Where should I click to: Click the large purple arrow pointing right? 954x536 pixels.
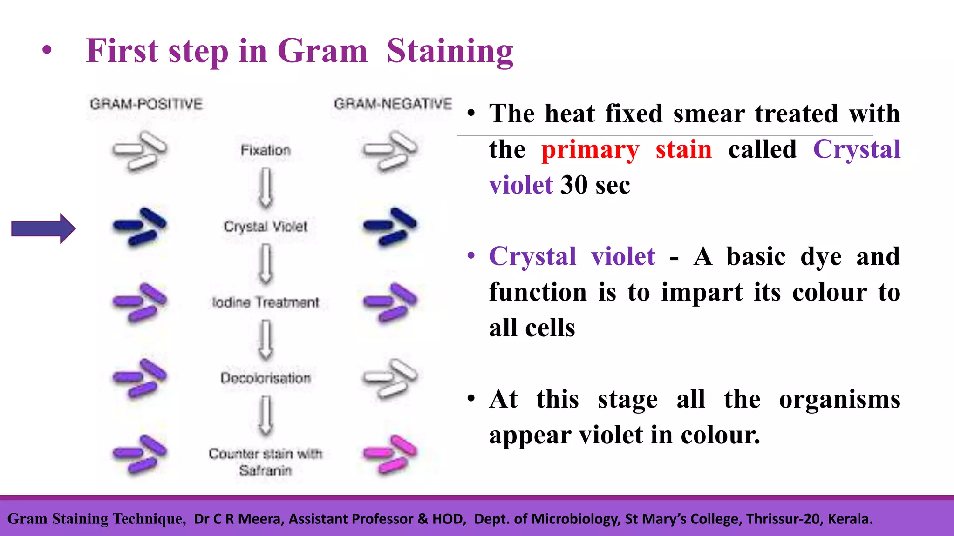[43, 228]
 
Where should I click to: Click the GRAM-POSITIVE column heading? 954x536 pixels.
[146, 104]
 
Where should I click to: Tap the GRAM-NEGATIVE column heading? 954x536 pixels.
[393, 103]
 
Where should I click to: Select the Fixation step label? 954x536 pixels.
[266, 150]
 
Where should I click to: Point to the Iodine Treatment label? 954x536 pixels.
[266, 302]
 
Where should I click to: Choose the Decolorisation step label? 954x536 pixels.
[266, 378]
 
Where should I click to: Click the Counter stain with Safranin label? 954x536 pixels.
[266, 462]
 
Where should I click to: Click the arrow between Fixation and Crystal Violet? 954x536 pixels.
[266, 188]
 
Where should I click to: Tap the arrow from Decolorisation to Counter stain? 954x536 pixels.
[266, 415]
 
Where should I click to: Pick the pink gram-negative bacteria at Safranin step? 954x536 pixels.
[390, 454]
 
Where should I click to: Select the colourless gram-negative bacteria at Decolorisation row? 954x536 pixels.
[390, 378]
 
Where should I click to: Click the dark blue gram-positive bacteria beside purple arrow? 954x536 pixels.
[140, 226]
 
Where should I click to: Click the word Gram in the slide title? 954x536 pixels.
[322, 51]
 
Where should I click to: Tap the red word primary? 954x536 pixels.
[590, 150]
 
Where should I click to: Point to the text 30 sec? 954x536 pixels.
[595, 185]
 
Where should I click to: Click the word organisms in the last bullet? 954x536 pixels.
[839, 399]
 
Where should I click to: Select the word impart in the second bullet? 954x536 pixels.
[702, 293]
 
